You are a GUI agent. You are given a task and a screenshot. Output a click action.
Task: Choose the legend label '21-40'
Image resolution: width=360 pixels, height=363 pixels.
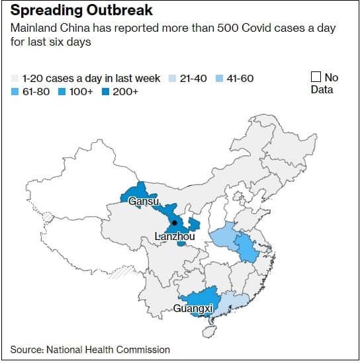coord(193,78)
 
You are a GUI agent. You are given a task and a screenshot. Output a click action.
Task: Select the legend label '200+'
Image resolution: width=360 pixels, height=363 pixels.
coord(124,91)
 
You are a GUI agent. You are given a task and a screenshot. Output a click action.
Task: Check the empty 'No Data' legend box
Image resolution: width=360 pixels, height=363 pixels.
coord(316,77)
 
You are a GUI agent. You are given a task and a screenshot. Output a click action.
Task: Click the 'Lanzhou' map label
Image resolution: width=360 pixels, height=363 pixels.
coord(174,236)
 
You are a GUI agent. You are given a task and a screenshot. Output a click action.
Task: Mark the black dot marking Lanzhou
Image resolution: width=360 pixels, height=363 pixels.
coord(175,223)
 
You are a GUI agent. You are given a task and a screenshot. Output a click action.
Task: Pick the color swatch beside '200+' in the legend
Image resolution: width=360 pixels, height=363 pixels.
coord(106,91)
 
